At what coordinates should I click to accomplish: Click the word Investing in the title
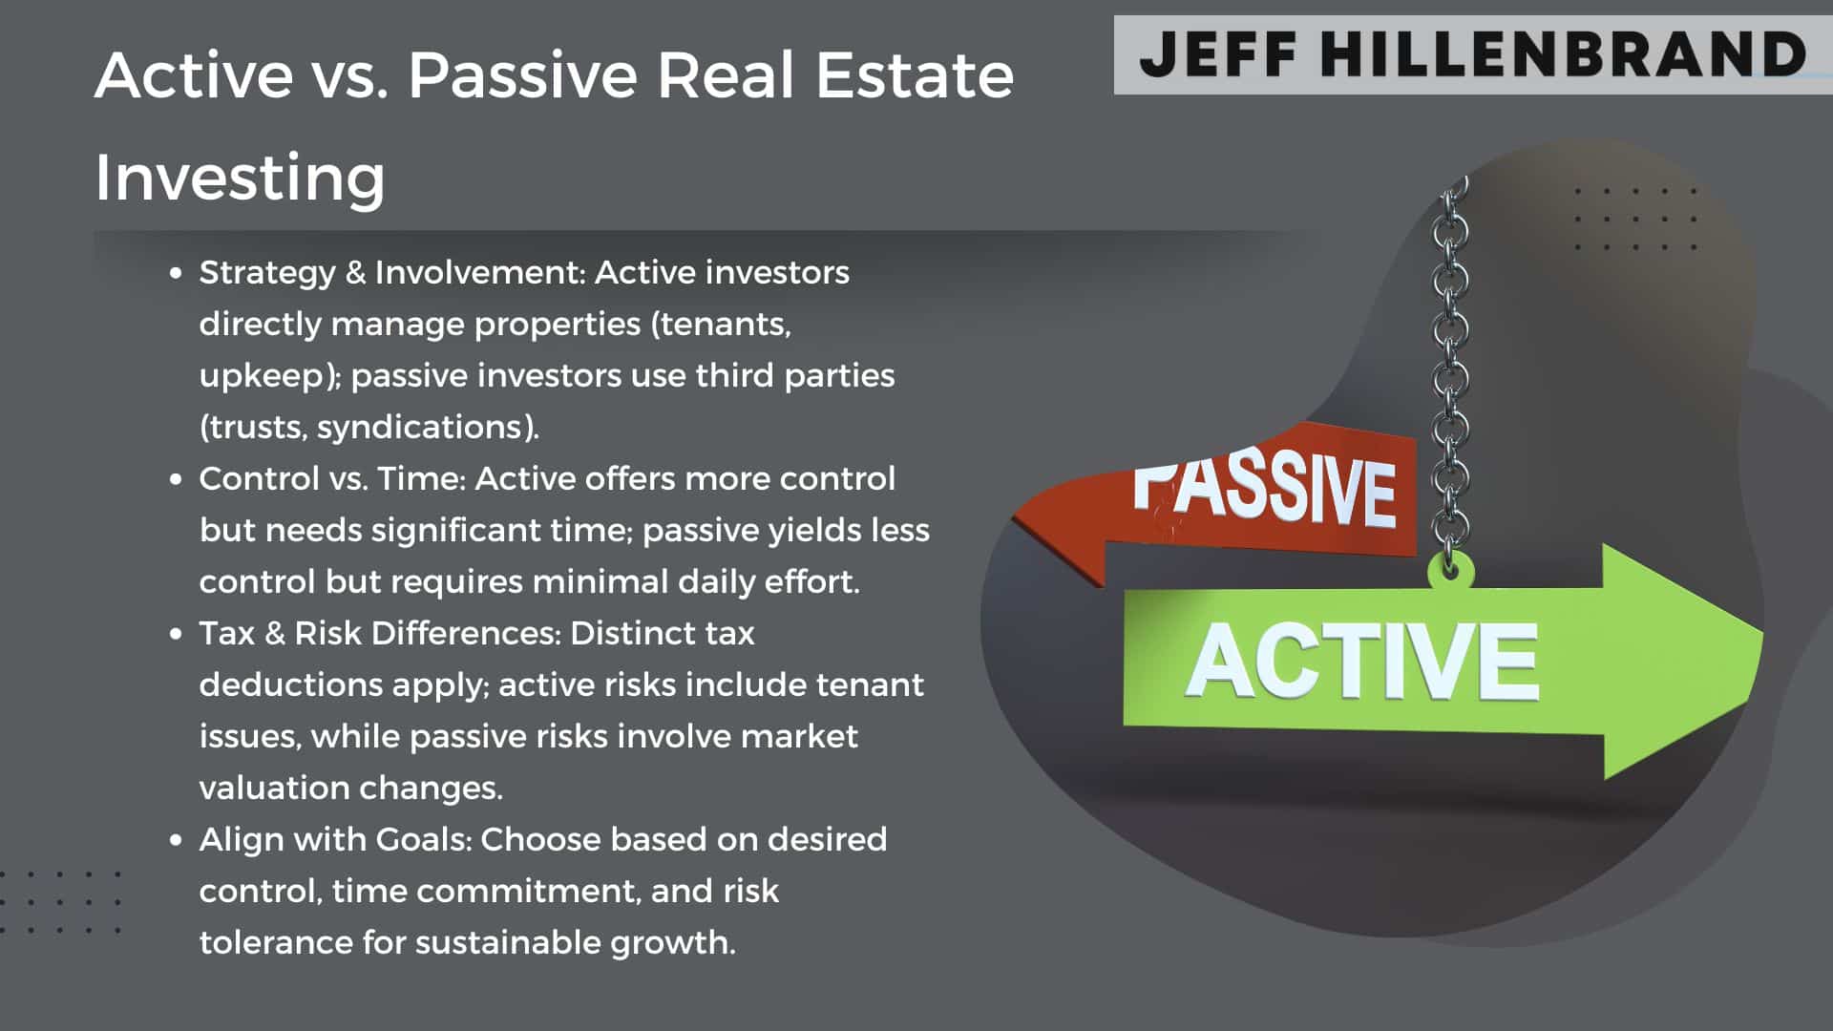[x=240, y=179]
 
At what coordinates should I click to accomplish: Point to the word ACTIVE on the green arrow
[x=1362, y=661]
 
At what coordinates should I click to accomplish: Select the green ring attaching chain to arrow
[x=1450, y=572]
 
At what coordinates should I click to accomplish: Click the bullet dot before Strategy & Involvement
[x=176, y=273]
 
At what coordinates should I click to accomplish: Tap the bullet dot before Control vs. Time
[x=176, y=479]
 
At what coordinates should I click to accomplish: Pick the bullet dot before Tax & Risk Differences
[x=176, y=634]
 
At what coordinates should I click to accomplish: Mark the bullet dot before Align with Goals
[x=176, y=840]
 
